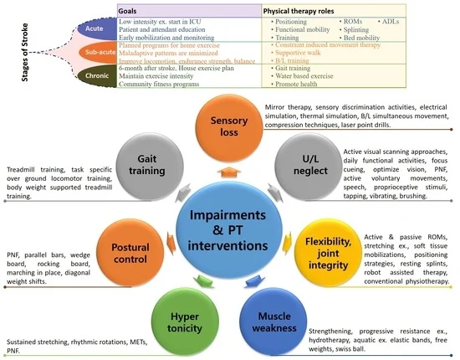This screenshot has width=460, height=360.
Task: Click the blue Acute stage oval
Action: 97,28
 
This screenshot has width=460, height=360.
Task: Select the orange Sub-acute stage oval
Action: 98,52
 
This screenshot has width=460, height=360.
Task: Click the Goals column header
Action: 127,11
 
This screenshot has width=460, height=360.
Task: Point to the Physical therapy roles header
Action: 299,11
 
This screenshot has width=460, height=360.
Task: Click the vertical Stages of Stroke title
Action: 25,52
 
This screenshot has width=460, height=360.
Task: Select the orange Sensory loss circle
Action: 229,128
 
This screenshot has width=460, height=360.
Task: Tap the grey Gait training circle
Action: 150,167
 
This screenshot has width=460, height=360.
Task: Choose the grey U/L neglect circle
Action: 309,167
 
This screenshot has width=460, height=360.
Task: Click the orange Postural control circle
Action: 130,253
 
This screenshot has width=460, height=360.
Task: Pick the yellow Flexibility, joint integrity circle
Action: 328,253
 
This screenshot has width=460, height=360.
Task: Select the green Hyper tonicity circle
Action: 185,322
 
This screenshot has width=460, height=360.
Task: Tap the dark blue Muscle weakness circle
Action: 273,322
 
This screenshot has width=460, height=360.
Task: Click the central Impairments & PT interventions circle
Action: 229,230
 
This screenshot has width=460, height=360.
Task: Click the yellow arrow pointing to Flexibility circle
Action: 287,243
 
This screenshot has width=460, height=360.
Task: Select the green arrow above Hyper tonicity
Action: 203,281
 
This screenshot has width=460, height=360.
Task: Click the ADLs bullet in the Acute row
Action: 388,22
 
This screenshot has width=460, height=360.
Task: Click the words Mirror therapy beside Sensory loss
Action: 286,107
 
